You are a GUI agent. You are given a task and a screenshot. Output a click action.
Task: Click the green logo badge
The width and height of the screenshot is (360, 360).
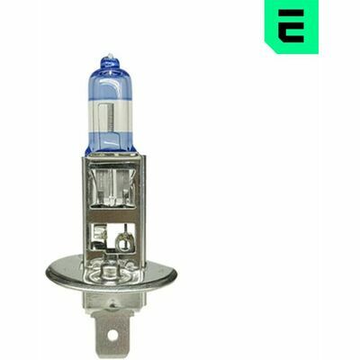pyautogui.click(x=290, y=26)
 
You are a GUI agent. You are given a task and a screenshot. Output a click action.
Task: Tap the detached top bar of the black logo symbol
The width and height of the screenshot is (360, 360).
pyautogui.click(x=291, y=15)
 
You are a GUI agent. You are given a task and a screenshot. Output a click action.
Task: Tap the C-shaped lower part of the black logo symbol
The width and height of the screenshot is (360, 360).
pyautogui.click(x=290, y=31)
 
